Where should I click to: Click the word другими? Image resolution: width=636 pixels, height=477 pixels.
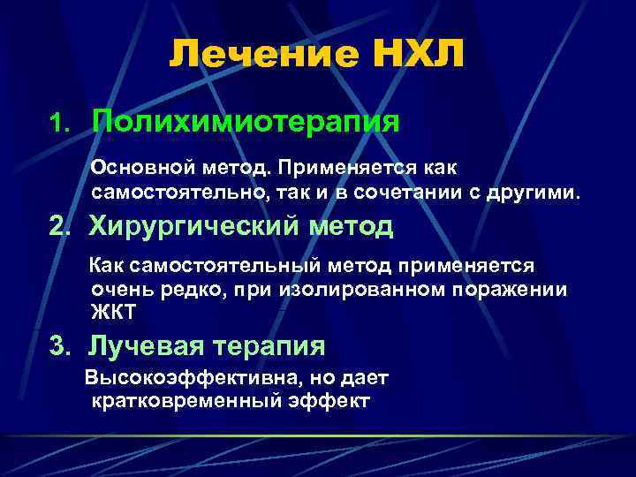[545, 192]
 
